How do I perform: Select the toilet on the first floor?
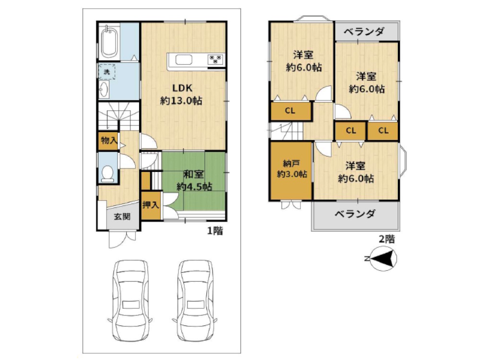pyautogui.click(x=108, y=173)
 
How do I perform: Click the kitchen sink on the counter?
pyautogui.click(x=184, y=60)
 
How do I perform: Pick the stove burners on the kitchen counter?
pyautogui.click(x=216, y=60)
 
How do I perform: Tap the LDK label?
pyautogui.click(x=182, y=88)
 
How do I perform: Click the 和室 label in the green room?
pyautogui.click(x=194, y=174)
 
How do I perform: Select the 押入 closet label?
pyautogui.click(x=151, y=205)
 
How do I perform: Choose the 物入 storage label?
pyautogui.click(x=108, y=141)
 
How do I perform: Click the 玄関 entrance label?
pyautogui.click(x=121, y=216)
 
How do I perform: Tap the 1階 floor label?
pyautogui.click(x=215, y=231)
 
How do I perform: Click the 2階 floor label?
pyautogui.click(x=387, y=239)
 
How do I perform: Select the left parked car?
pyautogui.click(x=130, y=300)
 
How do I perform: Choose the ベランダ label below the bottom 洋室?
pyautogui.click(x=355, y=214)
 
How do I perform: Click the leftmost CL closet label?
pyautogui.click(x=289, y=111)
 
